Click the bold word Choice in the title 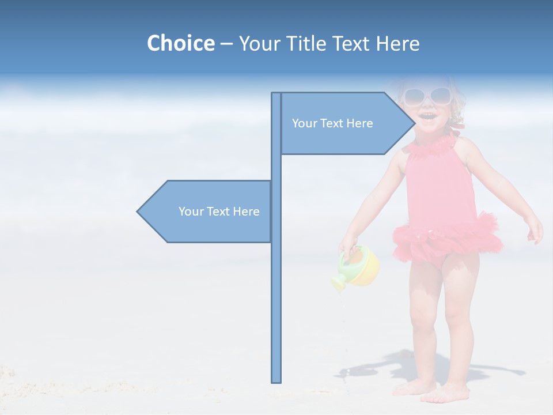[x=180, y=43]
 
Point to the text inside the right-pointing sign [x=332, y=123]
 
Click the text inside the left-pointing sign [x=219, y=212]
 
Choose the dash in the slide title [x=226, y=44]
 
